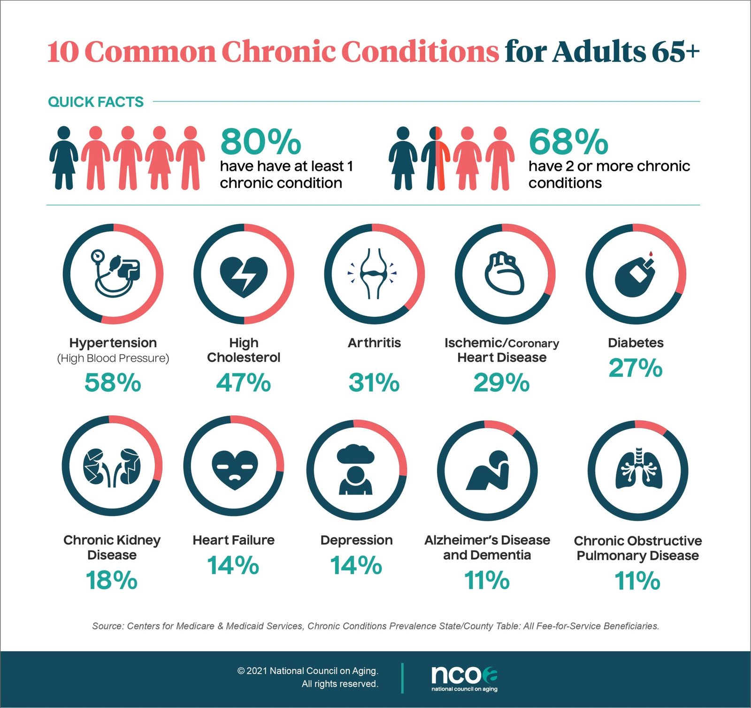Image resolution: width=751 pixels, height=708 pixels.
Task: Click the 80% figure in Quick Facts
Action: click(x=261, y=142)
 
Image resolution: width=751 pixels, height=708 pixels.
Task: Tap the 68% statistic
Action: click(x=568, y=142)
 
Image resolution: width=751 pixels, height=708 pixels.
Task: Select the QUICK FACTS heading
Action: click(x=96, y=102)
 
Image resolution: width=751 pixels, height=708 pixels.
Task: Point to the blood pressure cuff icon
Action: click(x=115, y=273)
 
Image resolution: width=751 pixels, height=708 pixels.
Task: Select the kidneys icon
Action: click(x=112, y=467)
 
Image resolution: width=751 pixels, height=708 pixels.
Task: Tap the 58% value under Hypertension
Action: click(x=113, y=382)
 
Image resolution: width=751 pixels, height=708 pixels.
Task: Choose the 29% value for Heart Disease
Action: click(x=501, y=382)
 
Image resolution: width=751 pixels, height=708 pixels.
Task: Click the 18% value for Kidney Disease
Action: click(x=112, y=580)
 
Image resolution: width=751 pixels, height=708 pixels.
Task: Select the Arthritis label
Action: click(x=374, y=343)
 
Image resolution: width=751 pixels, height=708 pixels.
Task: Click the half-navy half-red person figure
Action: click(x=436, y=159)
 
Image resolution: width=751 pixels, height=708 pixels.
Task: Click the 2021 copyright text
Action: click(x=307, y=671)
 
